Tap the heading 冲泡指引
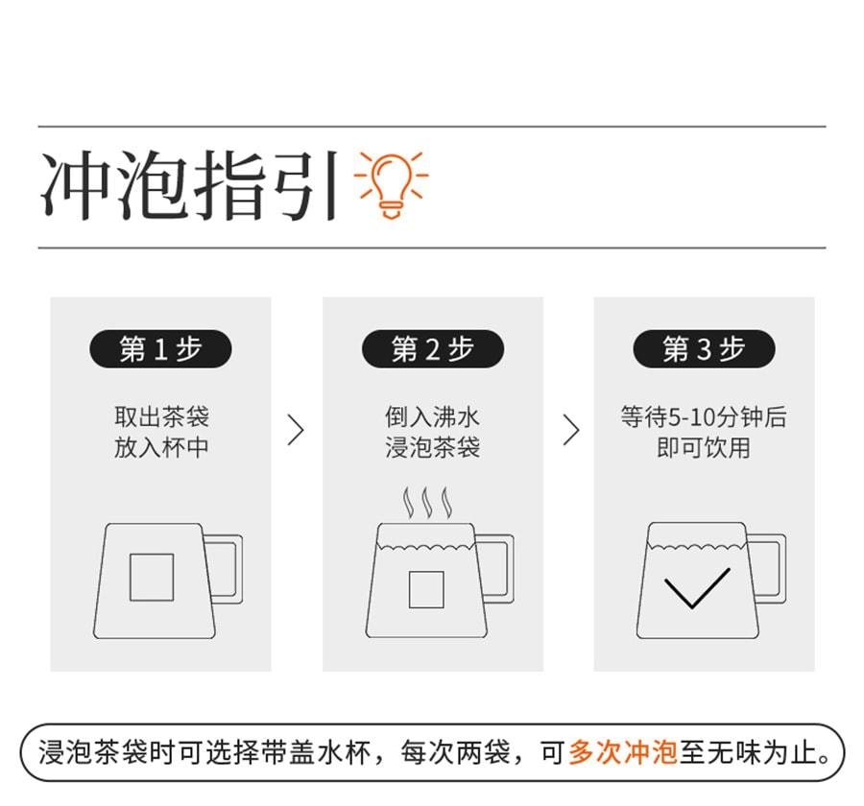190,185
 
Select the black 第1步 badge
160,348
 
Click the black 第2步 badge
433,348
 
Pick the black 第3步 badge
704,348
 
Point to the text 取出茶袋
161,416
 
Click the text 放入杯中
161,447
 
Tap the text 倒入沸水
433,416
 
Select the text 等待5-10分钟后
704,416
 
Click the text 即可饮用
704,447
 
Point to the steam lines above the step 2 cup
427,503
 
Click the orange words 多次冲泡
623,752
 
